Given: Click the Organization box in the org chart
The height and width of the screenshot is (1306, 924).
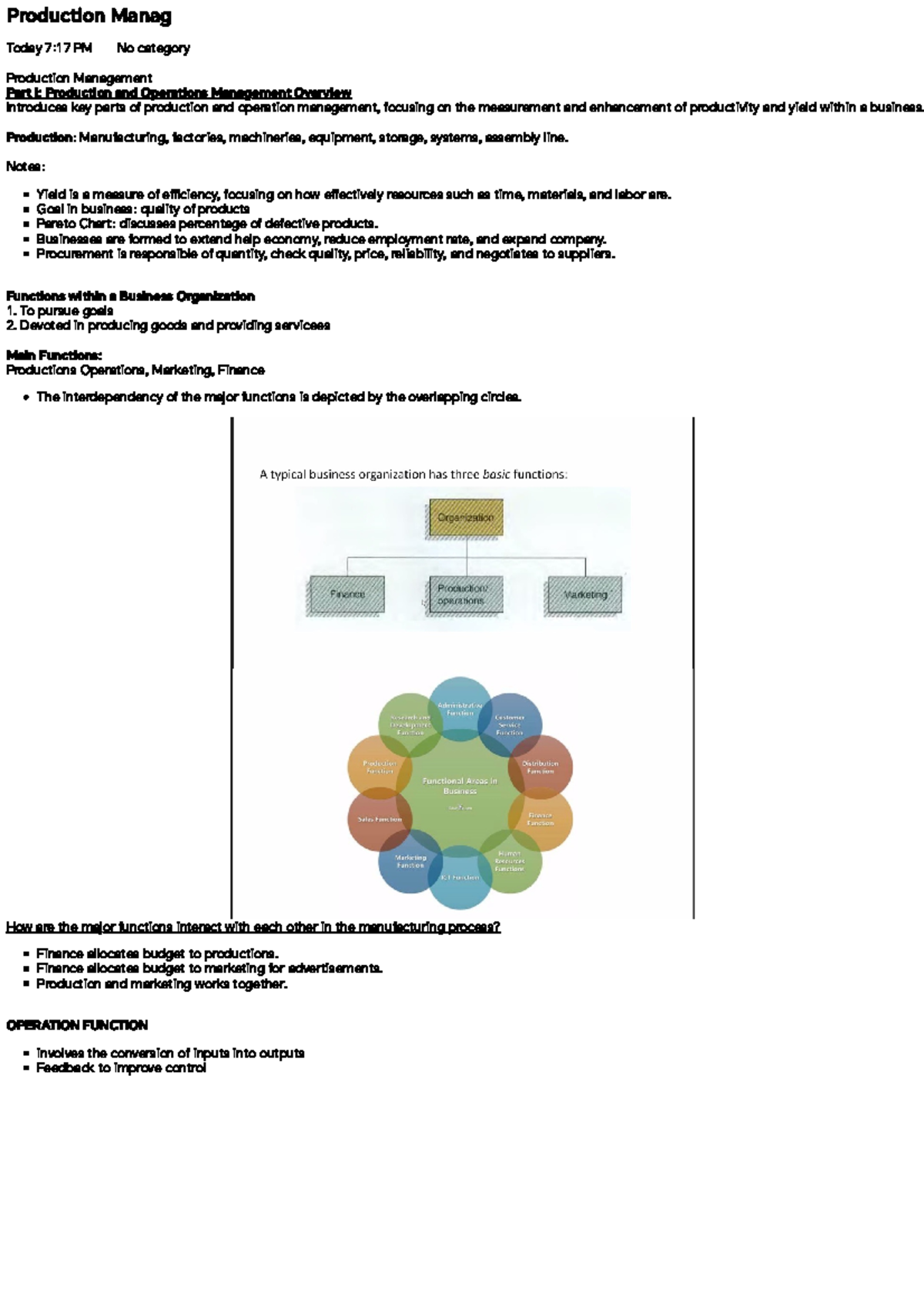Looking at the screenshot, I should pos(466,517).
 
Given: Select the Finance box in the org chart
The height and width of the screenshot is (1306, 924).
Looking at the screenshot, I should pos(347,595).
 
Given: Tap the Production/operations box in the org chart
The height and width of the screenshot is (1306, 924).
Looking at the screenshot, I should pos(465,595).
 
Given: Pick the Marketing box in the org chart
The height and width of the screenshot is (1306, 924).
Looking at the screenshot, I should pos(585,595).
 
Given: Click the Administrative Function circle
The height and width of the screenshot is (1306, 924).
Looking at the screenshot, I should pos(460,709).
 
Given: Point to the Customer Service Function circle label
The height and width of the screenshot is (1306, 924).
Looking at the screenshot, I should pos(509,725).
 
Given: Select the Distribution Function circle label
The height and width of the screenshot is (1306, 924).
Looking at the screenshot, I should pos(541,767).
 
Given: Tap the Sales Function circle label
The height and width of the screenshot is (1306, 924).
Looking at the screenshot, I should pos(380,820).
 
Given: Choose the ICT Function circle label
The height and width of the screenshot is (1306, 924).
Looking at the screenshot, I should pos(460,877).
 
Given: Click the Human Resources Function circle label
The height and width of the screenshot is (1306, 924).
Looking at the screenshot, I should pos(509,861).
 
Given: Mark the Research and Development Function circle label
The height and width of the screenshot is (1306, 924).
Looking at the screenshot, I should pos(410,725).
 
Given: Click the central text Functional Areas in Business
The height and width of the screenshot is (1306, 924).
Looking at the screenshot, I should pos(460,786).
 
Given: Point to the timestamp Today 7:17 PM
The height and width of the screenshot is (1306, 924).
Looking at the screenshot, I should pos(49,48).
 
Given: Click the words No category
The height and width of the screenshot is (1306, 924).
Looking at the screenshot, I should pos(153,48).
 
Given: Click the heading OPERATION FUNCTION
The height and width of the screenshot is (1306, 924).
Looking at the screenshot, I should pos(77,1025).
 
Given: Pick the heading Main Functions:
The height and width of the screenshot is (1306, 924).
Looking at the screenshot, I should pos(54,356).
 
